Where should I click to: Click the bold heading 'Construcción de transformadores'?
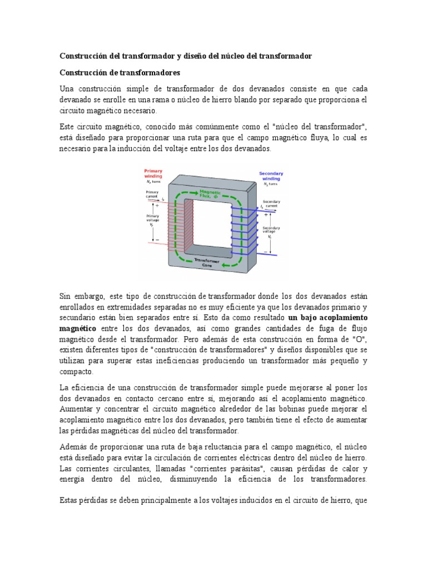point(120,73)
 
